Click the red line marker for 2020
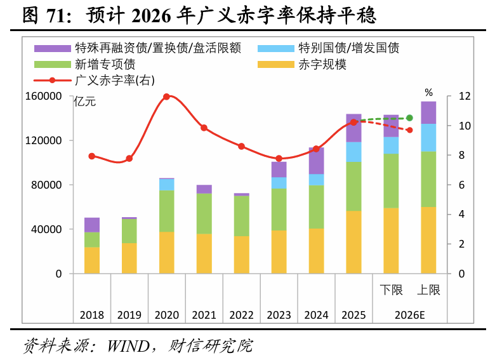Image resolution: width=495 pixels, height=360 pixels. [x=167, y=97]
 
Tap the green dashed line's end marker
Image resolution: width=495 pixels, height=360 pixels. [x=410, y=118]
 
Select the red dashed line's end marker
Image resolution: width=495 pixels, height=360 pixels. [x=410, y=130]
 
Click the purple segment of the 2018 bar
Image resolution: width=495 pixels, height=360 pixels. [x=92, y=225]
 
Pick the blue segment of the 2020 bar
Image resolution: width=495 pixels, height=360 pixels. [x=167, y=185]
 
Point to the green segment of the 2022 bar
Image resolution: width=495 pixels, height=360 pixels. [x=242, y=216]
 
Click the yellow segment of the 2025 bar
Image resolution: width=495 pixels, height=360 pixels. [x=353, y=242]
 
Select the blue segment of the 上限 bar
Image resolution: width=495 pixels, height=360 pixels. [x=428, y=138]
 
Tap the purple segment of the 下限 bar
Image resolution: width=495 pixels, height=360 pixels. [x=391, y=126]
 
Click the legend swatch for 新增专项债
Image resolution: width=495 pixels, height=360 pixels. [x=53, y=65]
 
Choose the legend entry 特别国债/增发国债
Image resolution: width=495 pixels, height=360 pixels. [x=328, y=48]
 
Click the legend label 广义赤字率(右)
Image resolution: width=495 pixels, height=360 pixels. [x=115, y=80]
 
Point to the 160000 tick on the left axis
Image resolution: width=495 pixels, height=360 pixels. [x=44, y=96]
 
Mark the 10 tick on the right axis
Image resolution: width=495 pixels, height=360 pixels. [x=465, y=126]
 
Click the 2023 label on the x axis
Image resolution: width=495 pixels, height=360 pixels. [x=279, y=315]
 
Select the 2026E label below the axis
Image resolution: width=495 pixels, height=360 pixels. [x=410, y=315]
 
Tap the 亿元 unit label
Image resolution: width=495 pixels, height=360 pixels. [x=85, y=102]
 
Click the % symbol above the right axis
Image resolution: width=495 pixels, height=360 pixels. [x=428, y=93]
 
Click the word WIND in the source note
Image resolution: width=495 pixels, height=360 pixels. [x=128, y=346]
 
